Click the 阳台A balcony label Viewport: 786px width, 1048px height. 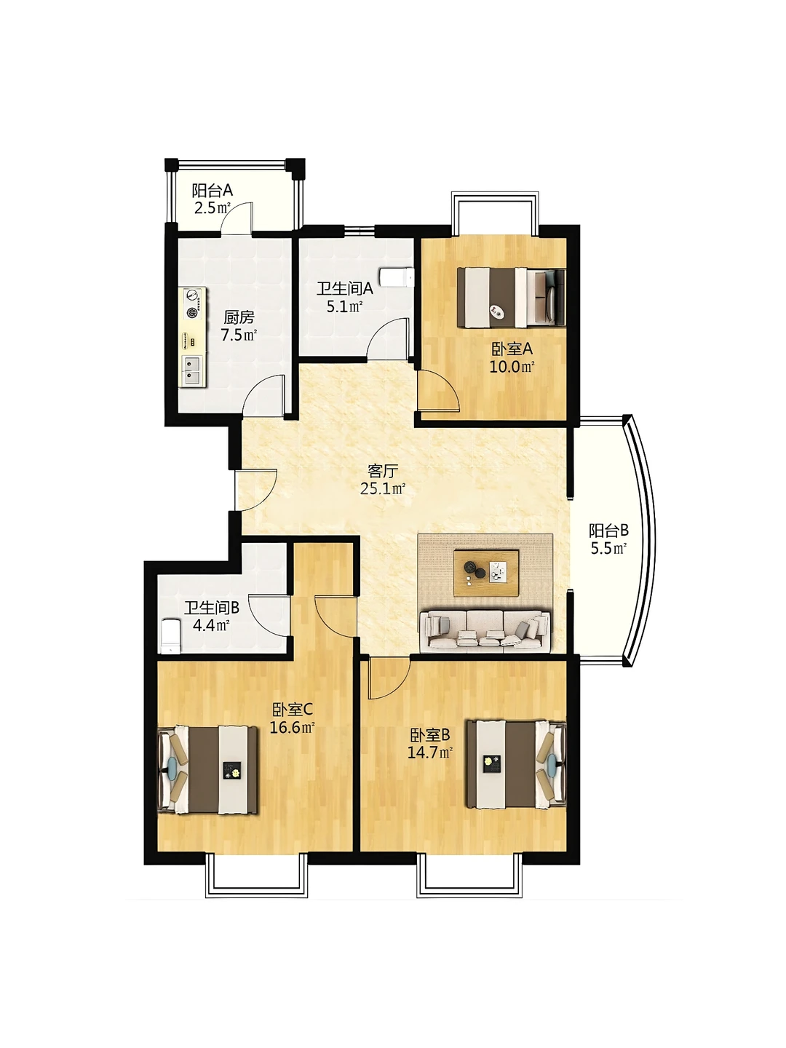point(212,191)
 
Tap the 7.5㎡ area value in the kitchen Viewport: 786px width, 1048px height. point(239,335)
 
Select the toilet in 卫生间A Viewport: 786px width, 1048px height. point(396,277)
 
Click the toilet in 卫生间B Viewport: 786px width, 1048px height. point(170,635)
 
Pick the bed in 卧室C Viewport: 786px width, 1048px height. point(207,769)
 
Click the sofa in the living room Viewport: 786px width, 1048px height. point(485,630)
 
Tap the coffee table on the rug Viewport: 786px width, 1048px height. point(486,573)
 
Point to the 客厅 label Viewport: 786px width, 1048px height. point(382,472)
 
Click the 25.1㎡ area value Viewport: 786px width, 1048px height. point(383,489)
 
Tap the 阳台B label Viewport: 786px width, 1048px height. point(608,531)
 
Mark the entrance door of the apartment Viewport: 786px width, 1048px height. point(256,490)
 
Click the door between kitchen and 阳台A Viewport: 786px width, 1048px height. point(237,218)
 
